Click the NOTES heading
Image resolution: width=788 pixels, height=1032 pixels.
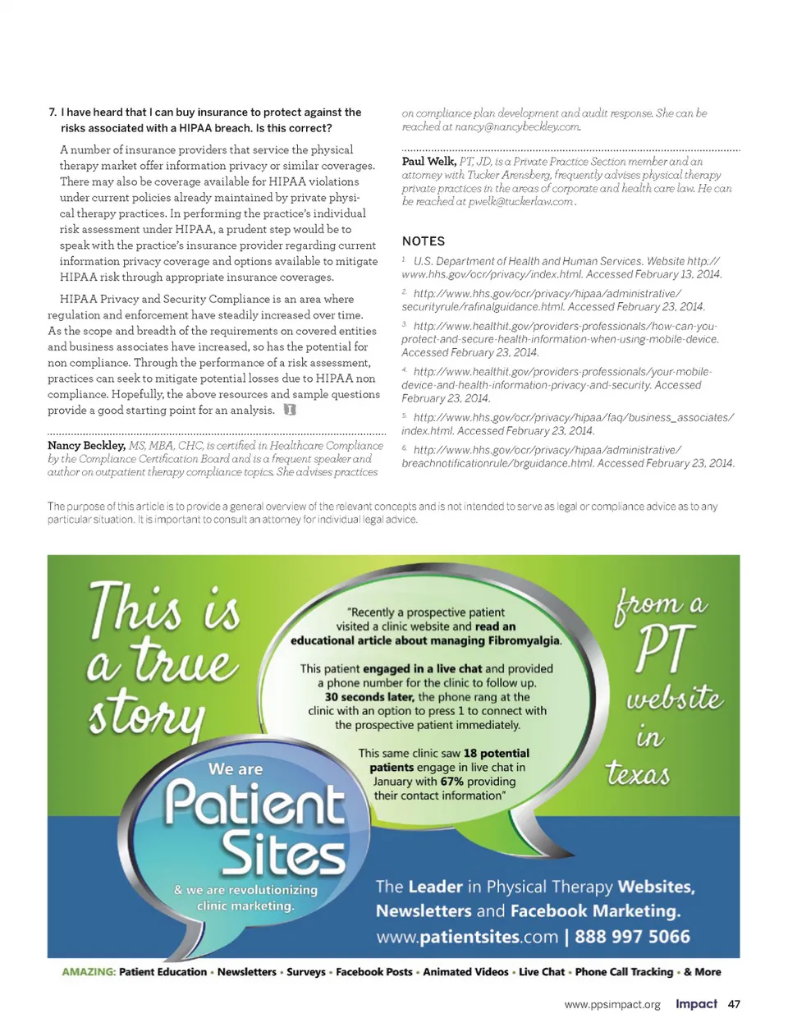[424, 241]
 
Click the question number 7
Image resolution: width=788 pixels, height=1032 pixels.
[53, 112]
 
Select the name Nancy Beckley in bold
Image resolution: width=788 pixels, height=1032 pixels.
[86, 446]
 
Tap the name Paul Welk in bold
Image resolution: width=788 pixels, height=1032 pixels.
[428, 162]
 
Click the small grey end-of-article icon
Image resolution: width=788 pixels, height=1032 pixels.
[289, 410]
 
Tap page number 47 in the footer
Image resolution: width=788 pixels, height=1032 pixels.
[734, 1004]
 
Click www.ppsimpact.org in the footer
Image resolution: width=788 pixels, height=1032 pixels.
[612, 1005]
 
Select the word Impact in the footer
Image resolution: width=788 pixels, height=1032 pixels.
[696, 1004]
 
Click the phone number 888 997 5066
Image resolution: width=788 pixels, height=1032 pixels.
[632, 937]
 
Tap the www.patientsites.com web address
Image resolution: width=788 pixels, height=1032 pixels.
[467, 937]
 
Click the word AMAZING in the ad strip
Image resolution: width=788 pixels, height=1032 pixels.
[89, 972]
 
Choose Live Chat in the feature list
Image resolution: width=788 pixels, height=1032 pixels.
[542, 972]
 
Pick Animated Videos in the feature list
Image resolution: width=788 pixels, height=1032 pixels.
[465, 972]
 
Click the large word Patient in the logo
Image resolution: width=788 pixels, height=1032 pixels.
[254, 804]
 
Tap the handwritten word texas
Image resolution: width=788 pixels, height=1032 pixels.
[638, 773]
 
